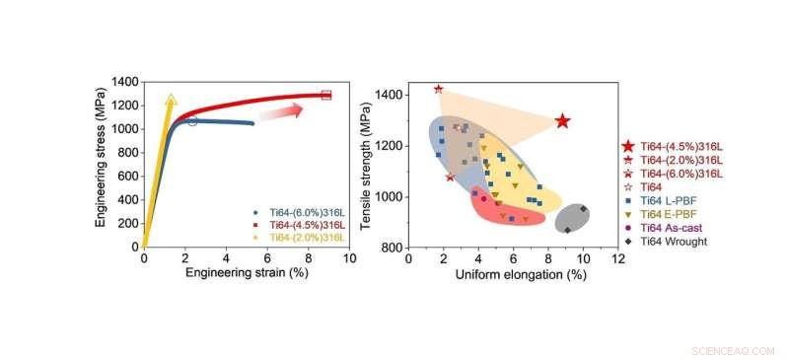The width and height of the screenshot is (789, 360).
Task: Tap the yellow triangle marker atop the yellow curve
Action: pos(171,100)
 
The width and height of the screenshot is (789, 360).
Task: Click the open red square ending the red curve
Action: pos(326,95)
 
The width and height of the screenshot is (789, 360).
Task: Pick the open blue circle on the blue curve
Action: pos(192,121)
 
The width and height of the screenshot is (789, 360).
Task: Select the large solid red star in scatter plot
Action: pos(563,120)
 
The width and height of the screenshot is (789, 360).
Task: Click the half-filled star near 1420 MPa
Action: pos(439,89)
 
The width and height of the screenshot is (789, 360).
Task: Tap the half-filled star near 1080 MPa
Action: pos(450,177)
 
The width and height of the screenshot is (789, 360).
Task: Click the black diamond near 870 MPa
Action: pos(567,230)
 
